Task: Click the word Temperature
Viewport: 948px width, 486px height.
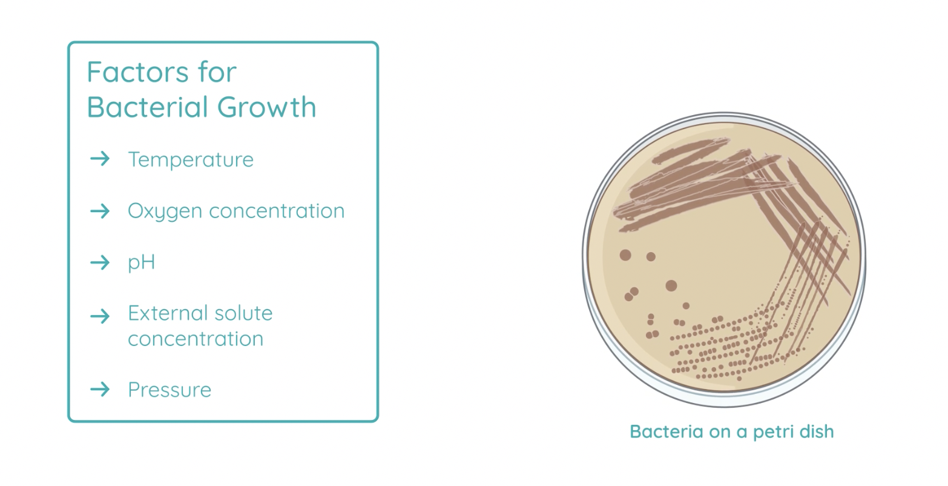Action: (191, 160)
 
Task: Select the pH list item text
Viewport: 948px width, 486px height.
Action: (142, 263)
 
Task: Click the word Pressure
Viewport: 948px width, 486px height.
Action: (170, 390)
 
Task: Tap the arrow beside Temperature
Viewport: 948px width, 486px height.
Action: (100, 159)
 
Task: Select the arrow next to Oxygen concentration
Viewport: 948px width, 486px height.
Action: (100, 211)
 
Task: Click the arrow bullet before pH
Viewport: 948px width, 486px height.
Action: (100, 263)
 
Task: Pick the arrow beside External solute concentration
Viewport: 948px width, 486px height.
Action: (100, 316)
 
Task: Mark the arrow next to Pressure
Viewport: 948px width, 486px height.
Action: (100, 390)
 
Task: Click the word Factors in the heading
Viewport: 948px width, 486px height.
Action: (137, 72)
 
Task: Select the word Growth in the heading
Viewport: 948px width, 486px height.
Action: (266, 107)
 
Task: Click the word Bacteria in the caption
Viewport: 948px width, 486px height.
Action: (667, 432)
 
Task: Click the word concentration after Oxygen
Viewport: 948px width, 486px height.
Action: (277, 211)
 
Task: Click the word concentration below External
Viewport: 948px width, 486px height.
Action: (196, 339)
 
